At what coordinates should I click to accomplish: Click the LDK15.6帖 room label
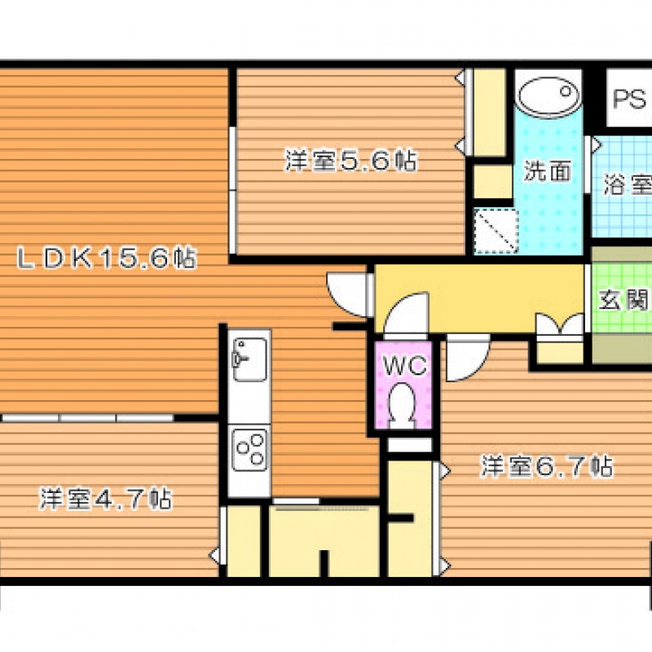click(107, 258)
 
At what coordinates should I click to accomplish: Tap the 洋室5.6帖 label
click(350, 161)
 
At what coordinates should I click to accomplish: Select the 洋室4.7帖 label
click(106, 499)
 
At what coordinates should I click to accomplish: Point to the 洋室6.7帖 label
click(547, 466)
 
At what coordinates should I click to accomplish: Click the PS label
click(629, 99)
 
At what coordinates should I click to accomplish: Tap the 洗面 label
click(547, 170)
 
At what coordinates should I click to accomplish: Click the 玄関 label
click(623, 299)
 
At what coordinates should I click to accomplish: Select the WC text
click(404, 365)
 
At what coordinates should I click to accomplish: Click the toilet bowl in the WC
click(402, 405)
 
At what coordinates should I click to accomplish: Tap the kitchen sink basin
click(249, 359)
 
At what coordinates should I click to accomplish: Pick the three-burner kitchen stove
click(249, 450)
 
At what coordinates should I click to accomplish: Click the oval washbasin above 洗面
click(548, 96)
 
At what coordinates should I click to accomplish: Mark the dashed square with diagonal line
click(496, 231)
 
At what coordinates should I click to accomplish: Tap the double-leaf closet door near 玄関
click(560, 324)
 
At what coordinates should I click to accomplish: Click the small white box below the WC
click(410, 444)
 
